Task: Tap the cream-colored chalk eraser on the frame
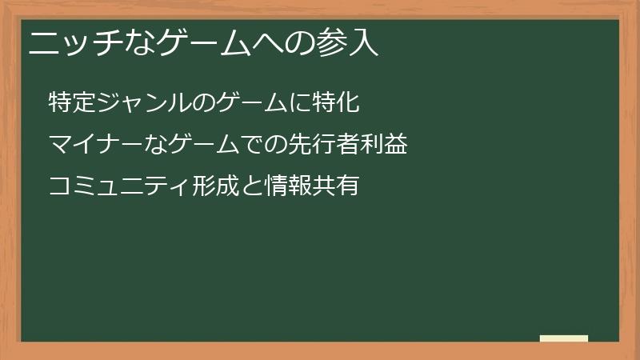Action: [564, 338]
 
